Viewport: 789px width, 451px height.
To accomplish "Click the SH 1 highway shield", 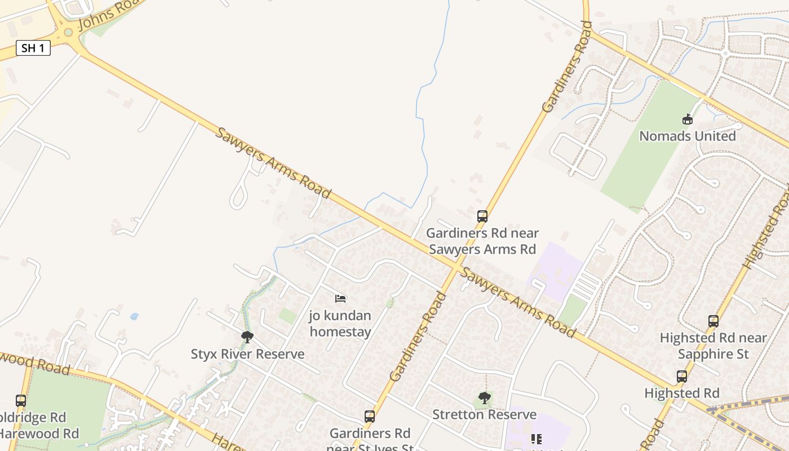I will click(x=33, y=48).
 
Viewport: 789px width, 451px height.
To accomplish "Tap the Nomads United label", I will click(x=687, y=136).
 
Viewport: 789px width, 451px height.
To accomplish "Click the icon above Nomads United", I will click(x=687, y=119).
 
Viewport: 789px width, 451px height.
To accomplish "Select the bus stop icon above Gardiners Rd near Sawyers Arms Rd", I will click(x=482, y=216).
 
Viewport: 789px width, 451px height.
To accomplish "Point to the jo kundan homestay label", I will click(x=340, y=324).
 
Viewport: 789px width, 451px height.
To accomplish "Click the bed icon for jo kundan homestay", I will click(x=340, y=298).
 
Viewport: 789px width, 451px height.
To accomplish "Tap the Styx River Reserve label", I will click(x=247, y=354).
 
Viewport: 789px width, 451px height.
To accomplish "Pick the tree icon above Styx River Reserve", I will click(x=247, y=337).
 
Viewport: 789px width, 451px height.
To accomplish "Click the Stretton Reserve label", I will click(x=484, y=414).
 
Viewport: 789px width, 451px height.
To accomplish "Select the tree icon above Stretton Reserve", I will click(x=484, y=398).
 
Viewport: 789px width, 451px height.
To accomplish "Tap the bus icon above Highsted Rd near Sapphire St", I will click(x=713, y=321).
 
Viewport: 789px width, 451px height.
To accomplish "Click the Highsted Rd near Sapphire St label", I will click(x=713, y=346).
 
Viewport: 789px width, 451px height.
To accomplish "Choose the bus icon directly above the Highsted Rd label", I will click(x=681, y=377).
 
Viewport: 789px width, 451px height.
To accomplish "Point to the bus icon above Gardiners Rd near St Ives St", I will click(x=369, y=417).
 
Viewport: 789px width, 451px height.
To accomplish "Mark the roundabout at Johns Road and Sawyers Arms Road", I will click(x=69, y=33).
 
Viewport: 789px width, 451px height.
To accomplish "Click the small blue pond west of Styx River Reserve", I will click(x=134, y=316).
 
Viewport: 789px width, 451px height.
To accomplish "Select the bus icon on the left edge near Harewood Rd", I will click(x=21, y=401).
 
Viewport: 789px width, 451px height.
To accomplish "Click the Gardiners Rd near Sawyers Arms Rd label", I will click(x=482, y=241).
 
